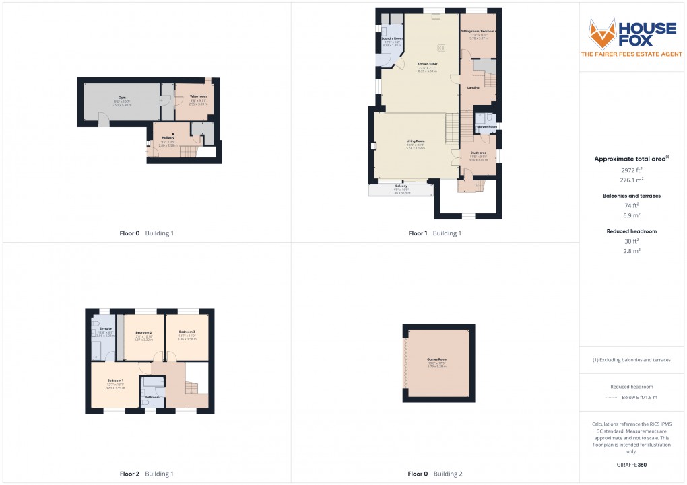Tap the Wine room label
pyautogui.click(x=198, y=96)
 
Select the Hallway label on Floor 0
pyautogui.click(x=168, y=137)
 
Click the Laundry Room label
pyautogui.click(x=393, y=38)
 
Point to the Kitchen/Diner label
pyautogui.click(x=428, y=63)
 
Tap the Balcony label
pyautogui.click(x=401, y=186)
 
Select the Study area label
pyautogui.click(x=479, y=153)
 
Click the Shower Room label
pyautogui.click(x=487, y=126)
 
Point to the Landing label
pyautogui.click(x=474, y=87)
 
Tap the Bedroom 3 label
pyautogui.click(x=187, y=332)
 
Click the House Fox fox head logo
pyautogui.click(x=602, y=33)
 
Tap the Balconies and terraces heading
pyautogui.click(x=631, y=196)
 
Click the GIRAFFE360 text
pyautogui.click(x=631, y=464)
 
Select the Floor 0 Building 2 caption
pyautogui.click(x=435, y=474)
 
